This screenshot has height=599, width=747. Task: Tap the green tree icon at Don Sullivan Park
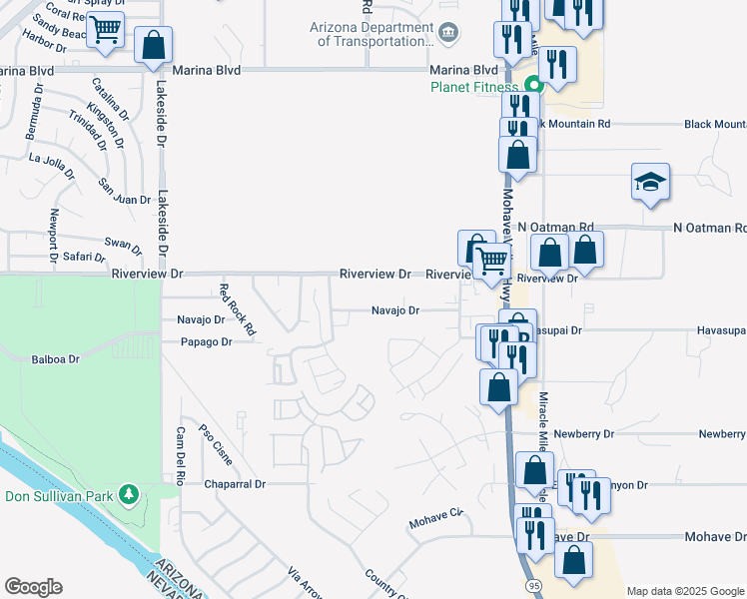pos(128,494)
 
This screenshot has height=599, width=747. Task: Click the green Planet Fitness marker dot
pos(533,86)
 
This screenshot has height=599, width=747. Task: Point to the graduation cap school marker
pos(650,182)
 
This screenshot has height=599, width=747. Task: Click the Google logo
pos(33,587)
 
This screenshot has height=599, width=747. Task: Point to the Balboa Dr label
pos(54,359)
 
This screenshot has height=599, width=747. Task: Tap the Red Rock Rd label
pos(238,308)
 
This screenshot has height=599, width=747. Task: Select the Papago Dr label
pos(206,341)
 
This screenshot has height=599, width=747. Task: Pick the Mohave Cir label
pos(436,520)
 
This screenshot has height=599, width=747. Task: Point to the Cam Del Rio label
pos(181,455)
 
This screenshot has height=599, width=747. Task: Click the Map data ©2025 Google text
pos(684,591)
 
